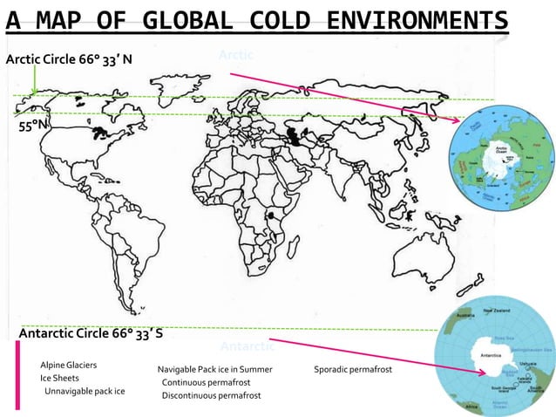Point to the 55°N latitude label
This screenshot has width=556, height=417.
point(32,126)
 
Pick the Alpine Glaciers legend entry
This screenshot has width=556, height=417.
point(69,364)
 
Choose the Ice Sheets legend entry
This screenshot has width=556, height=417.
point(59,378)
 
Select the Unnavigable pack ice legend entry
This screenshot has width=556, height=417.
point(85,391)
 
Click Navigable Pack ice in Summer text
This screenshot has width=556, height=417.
point(214,370)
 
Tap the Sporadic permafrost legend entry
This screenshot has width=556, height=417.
point(352,370)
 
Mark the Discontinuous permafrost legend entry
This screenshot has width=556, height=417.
point(211,396)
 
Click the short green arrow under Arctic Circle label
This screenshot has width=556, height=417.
point(34,83)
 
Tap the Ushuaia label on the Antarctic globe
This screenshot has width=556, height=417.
point(525,363)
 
